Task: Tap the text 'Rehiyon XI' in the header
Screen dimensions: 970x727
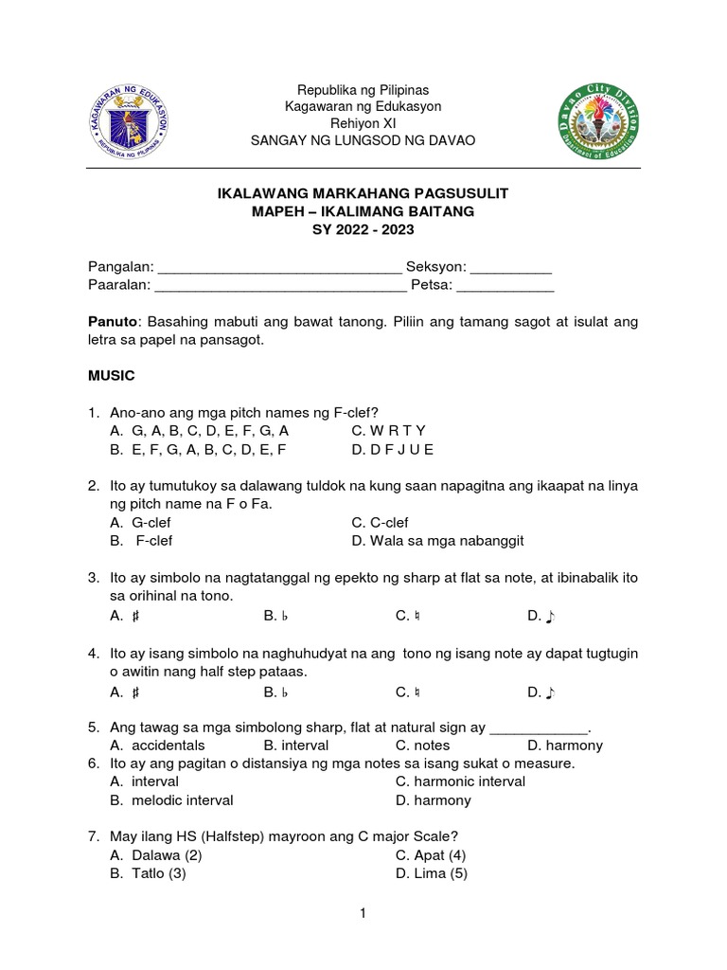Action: coord(363,123)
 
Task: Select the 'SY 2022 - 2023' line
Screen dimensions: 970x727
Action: coord(363,229)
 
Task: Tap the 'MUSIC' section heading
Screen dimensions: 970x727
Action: coord(112,376)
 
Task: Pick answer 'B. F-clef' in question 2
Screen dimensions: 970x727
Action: coord(141,541)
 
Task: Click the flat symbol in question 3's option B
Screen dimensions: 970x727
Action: coord(282,616)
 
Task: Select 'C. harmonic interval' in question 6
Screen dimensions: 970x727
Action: coord(460,781)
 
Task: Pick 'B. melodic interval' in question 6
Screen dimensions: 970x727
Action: coord(171,800)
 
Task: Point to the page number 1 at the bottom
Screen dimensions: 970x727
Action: coord(363,914)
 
